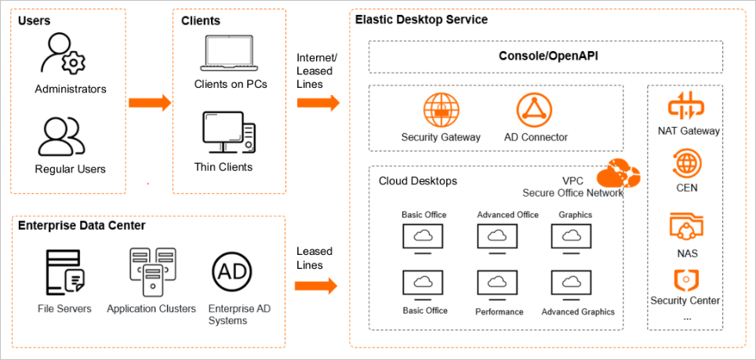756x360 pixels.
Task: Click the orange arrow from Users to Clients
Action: [x=150, y=103]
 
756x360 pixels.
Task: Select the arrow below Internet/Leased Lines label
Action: [x=318, y=103]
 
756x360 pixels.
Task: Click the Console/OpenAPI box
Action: [x=546, y=56]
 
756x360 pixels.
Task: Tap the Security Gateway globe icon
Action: [x=440, y=110]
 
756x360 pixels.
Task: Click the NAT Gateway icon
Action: [x=687, y=107]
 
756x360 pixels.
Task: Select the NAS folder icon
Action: [x=687, y=226]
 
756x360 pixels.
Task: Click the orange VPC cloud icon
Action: [x=619, y=170]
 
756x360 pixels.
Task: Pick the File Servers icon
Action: [x=64, y=271]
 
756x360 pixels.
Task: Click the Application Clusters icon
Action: [x=151, y=271]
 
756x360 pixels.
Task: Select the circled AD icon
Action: [x=232, y=272]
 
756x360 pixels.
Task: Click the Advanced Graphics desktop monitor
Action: [x=572, y=283]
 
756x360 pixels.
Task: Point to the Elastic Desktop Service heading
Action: [x=421, y=19]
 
